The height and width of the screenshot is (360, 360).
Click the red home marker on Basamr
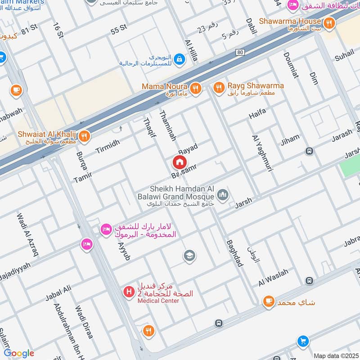[180, 162]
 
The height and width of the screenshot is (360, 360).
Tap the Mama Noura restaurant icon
[195, 88]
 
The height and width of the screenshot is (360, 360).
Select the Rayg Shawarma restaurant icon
[219, 88]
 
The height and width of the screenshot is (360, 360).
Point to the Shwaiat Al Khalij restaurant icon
[85, 135]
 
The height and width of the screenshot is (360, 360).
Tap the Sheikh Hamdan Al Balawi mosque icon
[222, 195]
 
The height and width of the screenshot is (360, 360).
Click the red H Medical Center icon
[130, 292]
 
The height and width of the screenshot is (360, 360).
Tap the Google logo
[19, 353]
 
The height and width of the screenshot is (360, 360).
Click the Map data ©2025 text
[335, 355]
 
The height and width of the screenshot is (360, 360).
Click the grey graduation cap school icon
[189, 256]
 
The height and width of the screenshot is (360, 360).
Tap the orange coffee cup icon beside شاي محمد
[269, 301]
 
